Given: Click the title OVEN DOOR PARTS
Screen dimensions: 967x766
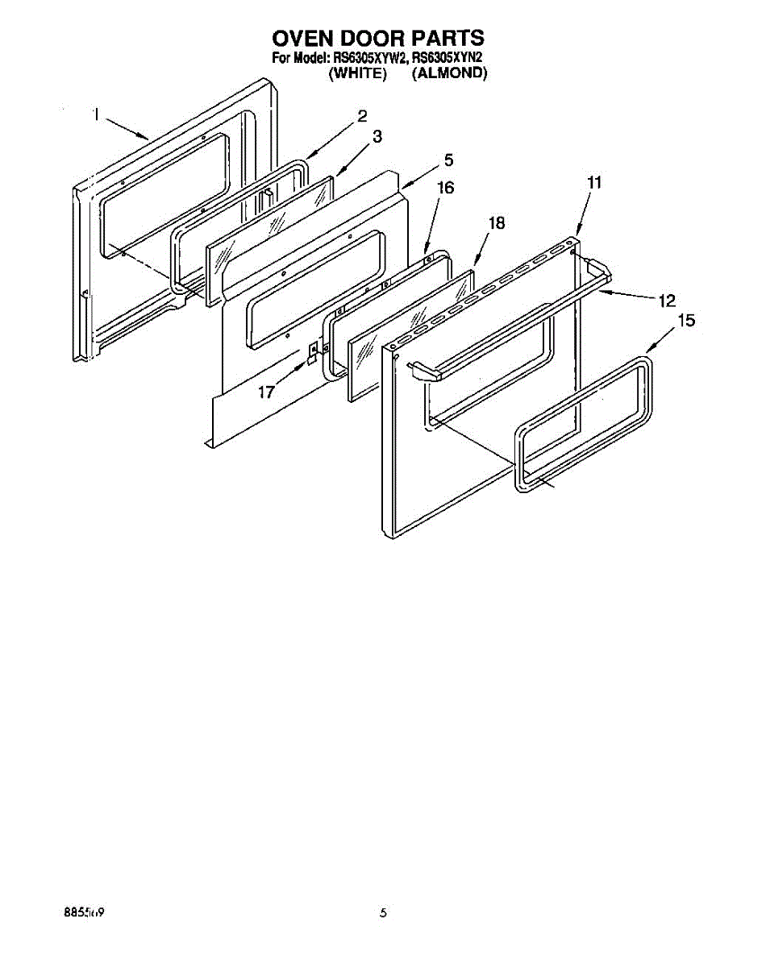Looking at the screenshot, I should pos(377,38).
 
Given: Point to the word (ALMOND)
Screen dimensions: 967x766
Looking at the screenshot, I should pos(450,73).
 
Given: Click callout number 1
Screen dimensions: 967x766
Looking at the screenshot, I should pos(96,115).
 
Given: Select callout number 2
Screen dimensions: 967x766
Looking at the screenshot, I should pos(363,115).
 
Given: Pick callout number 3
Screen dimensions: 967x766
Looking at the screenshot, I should pos(377,138).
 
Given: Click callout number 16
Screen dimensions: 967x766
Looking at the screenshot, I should pos(445,188).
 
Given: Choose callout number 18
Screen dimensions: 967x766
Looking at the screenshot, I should pos(497,224).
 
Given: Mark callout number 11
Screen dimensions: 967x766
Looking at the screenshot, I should pos(594,184).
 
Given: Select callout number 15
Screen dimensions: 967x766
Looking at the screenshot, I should pos(686,321).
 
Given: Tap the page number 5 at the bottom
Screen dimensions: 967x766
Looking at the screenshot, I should pos(384,913).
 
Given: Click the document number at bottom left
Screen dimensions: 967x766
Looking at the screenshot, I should pos(84,913).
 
